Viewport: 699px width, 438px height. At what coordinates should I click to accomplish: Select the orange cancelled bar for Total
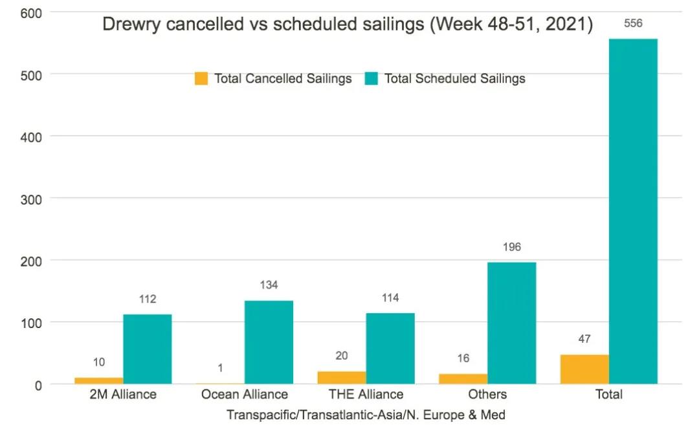tap(584, 369)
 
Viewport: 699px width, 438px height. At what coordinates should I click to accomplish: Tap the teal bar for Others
tap(512, 323)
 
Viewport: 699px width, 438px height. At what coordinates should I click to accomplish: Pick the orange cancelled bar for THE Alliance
tap(342, 378)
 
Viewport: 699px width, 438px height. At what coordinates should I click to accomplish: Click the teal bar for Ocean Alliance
tap(269, 342)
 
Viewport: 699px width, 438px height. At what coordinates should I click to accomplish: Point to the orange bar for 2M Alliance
tap(99, 381)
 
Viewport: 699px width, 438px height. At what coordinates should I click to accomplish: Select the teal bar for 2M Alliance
tap(148, 349)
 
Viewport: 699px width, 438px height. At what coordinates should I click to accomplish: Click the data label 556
tap(633, 23)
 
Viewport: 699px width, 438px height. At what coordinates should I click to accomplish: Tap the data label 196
tap(511, 247)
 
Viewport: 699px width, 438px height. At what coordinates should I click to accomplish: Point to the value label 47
tap(584, 339)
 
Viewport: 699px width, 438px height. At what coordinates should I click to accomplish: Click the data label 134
tap(269, 285)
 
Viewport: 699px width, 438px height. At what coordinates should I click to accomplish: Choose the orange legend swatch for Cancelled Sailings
tap(201, 79)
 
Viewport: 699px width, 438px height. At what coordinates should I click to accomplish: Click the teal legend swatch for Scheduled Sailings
tap(372, 79)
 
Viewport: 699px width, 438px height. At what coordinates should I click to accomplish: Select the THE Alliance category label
tap(366, 394)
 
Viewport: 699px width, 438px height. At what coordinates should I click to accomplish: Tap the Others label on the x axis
tap(487, 394)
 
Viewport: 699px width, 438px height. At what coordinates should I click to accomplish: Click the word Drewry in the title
tap(132, 26)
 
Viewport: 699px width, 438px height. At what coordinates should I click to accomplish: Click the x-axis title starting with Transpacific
tap(366, 415)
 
